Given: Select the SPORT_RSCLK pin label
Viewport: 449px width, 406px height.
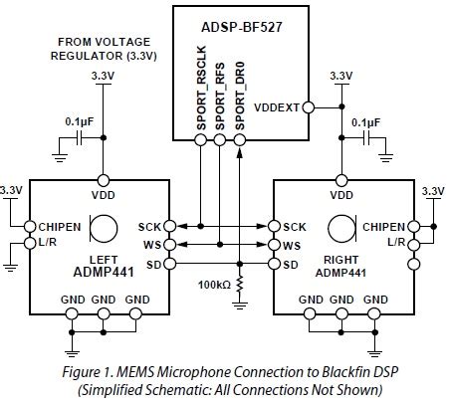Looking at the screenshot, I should pos(199,94).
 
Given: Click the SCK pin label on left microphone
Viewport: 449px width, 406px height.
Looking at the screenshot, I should pos(149,226).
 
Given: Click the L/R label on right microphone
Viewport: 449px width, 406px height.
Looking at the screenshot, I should pos(396,243).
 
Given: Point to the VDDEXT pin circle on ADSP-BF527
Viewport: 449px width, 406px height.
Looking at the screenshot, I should pos(310,106).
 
